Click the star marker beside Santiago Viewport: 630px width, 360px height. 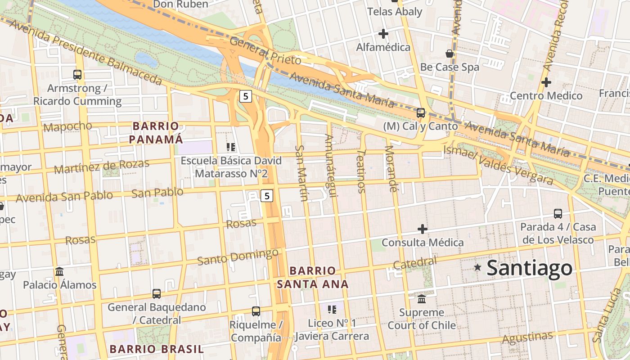tap(477, 267)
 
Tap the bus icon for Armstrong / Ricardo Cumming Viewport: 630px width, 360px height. tap(77, 74)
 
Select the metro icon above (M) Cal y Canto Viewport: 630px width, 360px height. tap(421, 112)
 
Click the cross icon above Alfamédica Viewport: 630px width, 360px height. tap(383, 34)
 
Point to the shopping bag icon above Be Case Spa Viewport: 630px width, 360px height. tap(449, 54)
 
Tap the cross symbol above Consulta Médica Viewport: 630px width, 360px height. tap(422, 229)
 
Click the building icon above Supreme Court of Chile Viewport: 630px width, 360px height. tap(422, 299)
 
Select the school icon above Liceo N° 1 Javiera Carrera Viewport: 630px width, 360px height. tap(332, 309)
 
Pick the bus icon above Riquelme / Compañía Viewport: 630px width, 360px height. tap(256, 311)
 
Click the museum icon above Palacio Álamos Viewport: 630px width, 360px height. tap(59, 271)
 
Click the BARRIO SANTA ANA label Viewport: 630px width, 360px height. tap(313, 277)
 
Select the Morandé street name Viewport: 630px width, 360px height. tap(391, 169)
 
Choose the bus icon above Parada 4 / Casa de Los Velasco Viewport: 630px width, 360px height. tap(558, 213)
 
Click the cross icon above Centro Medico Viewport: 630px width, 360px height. tap(546, 82)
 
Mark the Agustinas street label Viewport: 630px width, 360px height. tap(527, 337)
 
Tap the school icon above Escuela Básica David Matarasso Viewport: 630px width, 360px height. tap(231, 147)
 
